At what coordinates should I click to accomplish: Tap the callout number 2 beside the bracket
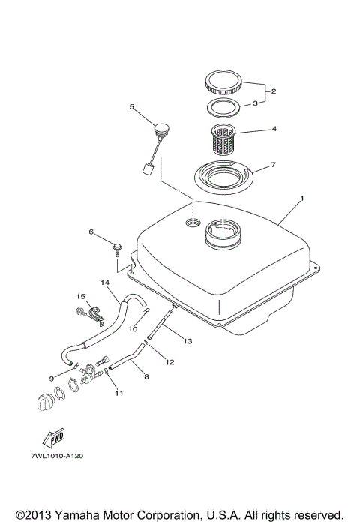274,91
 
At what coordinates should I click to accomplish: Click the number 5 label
132,107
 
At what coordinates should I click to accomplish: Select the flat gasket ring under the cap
223,106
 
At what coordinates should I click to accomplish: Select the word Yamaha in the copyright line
74,515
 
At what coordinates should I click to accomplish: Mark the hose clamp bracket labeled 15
93,310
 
